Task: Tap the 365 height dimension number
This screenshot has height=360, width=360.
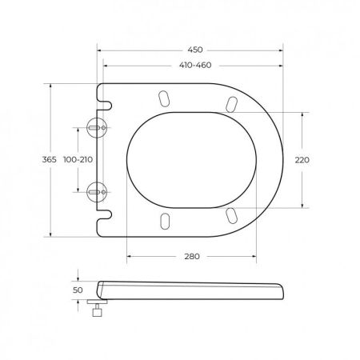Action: tap(49, 160)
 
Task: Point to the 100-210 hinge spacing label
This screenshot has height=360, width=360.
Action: tap(77, 160)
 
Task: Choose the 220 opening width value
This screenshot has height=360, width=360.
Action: tap(302, 160)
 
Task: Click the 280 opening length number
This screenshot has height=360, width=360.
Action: tap(191, 257)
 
